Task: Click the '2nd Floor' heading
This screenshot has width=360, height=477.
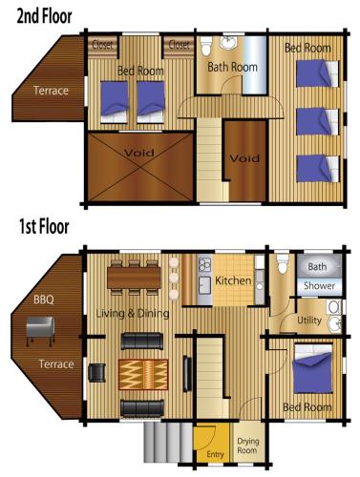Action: (x=44, y=16)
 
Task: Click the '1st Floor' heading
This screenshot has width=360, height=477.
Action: (x=44, y=227)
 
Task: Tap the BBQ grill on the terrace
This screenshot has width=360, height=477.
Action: (x=40, y=330)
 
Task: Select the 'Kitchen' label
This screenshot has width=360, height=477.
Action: (x=233, y=280)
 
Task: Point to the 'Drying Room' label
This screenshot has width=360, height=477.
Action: (x=248, y=446)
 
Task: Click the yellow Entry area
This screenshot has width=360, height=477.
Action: (x=212, y=442)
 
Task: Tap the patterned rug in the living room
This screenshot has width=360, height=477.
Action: (x=143, y=374)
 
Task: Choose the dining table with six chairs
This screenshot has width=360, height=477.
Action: (x=134, y=278)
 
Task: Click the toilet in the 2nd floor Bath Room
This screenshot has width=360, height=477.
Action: (x=206, y=46)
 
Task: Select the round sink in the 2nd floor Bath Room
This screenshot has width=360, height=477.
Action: (x=228, y=43)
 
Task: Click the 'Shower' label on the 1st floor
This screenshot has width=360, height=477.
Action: (x=319, y=286)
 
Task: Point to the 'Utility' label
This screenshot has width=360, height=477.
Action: (x=309, y=321)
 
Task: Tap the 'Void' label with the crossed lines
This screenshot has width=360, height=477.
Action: (x=139, y=153)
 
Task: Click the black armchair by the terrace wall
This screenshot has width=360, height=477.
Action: (x=96, y=372)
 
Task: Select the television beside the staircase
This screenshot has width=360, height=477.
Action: (x=187, y=373)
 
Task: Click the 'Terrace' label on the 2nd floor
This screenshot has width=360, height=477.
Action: (x=51, y=91)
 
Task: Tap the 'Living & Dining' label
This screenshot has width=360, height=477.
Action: (x=133, y=314)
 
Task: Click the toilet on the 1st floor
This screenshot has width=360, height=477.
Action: (x=283, y=263)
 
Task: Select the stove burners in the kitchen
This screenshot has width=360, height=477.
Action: (x=204, y=265)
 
